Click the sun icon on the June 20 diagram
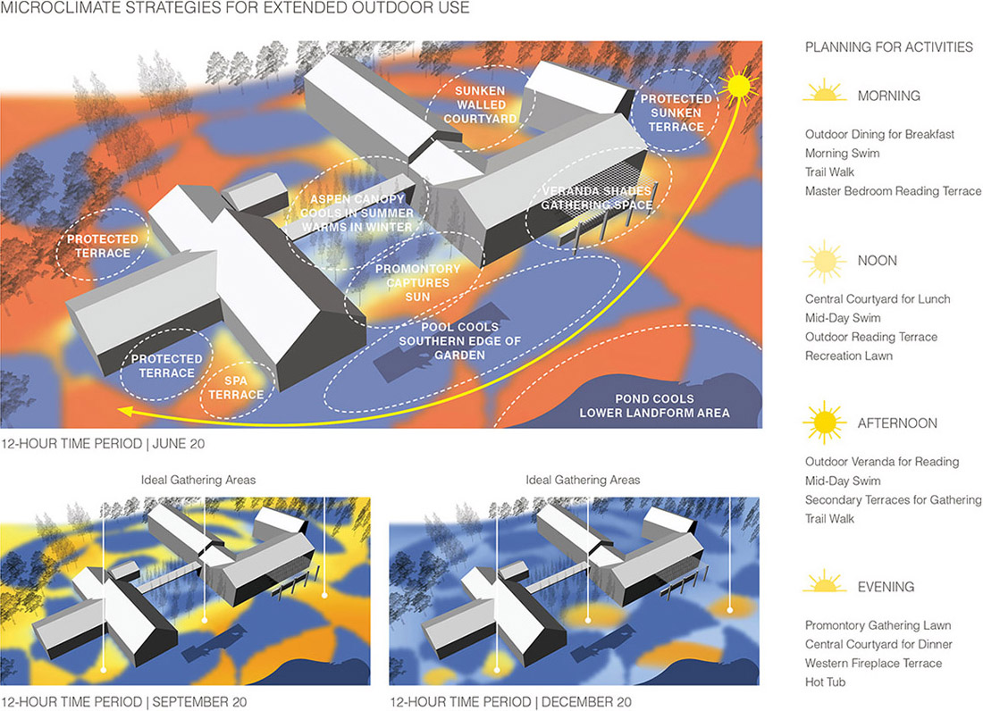tap(739, 85)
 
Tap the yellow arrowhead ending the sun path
tap(126, 411)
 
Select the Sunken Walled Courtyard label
tap(480, 105)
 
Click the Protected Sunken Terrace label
tap(676, 113)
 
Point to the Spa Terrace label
tap(236, 388)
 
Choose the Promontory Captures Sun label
tap(417, 282)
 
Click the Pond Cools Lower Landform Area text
tap(654, 406)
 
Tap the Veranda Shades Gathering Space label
tap(597, 198)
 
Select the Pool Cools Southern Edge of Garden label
tap(459, 341)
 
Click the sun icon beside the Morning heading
tap(825, 91)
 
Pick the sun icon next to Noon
tap(824, 261)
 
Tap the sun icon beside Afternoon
tap(824, 422)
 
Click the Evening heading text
tap(886, 587)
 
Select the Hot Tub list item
tap(825, 682)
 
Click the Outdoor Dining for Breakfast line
tap(879, 134)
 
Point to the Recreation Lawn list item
tap(849, 355)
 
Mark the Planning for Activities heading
tap(889, 47)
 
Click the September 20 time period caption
tap(124, 701)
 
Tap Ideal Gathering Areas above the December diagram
tap(583, 480)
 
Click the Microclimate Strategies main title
tap(235, 7)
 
